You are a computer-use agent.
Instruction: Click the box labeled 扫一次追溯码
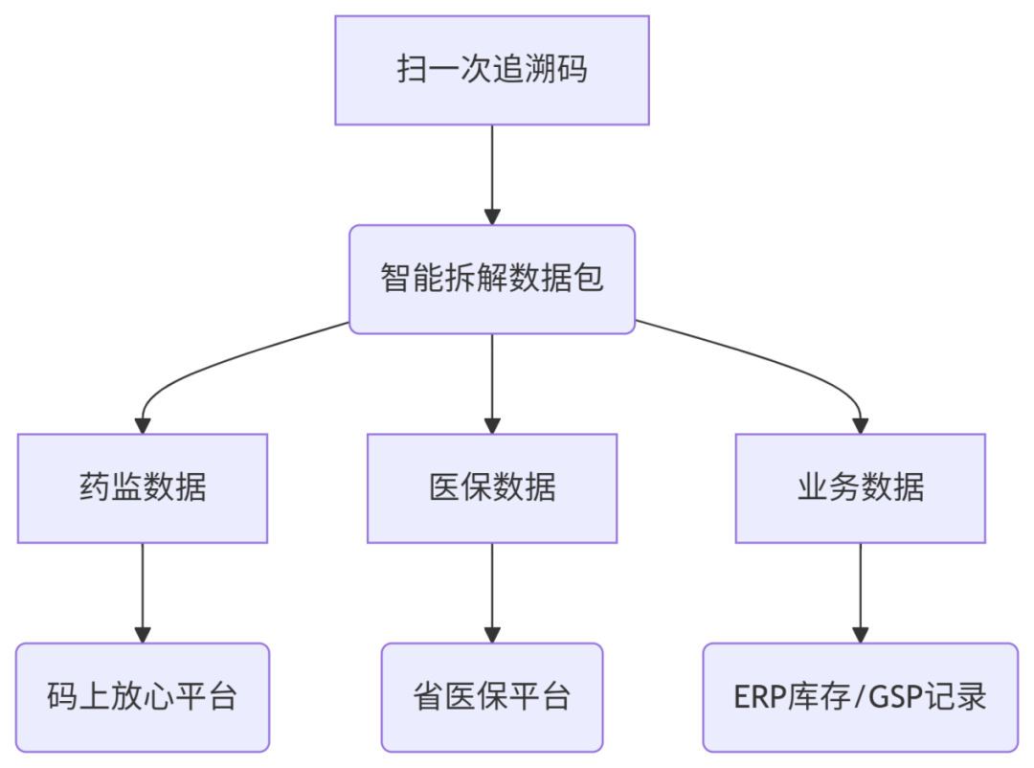click(491, 70)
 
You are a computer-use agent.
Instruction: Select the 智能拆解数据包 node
click(491, 280)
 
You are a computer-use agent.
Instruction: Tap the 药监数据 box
click(143, 488)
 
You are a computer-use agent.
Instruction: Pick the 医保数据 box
click(491, 488)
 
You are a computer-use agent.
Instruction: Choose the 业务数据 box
click(860, 488)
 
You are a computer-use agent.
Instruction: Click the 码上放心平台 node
click(143, 696)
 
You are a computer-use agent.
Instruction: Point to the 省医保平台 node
click(491, 696)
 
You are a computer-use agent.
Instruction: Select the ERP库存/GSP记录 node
click(860, 696)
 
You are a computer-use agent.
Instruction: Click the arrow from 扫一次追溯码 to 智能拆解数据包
click(492, 172)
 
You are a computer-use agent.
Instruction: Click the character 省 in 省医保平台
click(429, 696)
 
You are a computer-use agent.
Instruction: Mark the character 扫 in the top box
click(413, 70)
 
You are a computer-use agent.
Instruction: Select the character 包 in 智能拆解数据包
click(588, 280)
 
